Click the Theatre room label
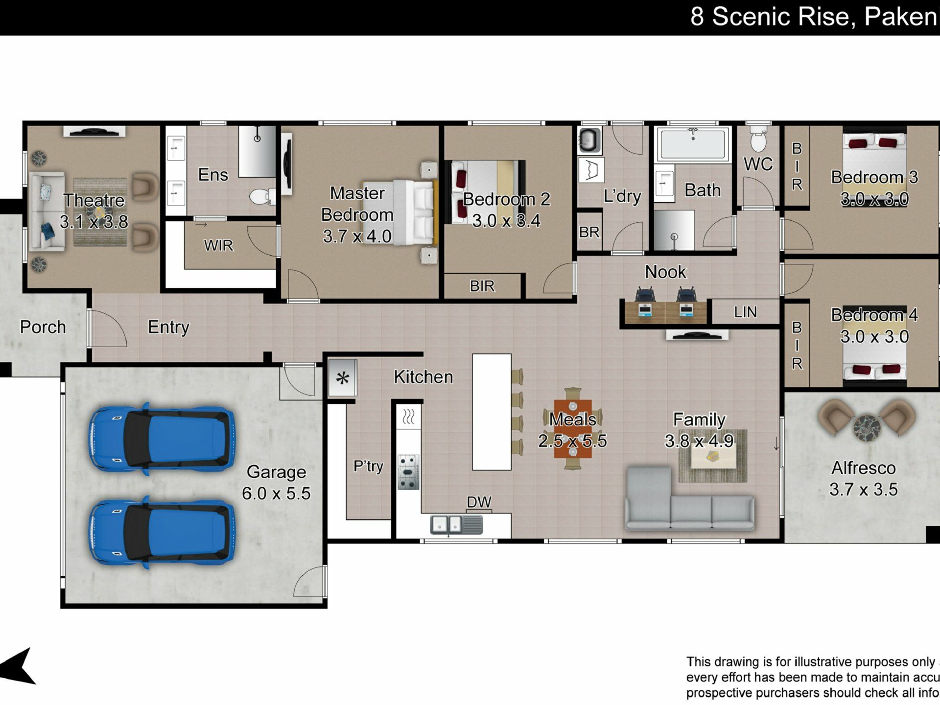pos(94,200)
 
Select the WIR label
pos(218,245)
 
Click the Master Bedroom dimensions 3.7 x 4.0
pos(357,236)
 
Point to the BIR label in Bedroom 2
pos(482,286)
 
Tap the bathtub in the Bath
pos(693,143)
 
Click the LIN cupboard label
pos(745,312)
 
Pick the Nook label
pos(665,272)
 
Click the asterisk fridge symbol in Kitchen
pos(343,378)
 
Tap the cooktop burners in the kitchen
pos(408,472)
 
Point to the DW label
pos(479,502)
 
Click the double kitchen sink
pos(456,525)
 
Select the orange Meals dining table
pos(573,429)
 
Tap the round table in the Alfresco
pos(867,427)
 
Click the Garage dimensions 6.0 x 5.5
pos(276,493)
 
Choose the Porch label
pos(43,327)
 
